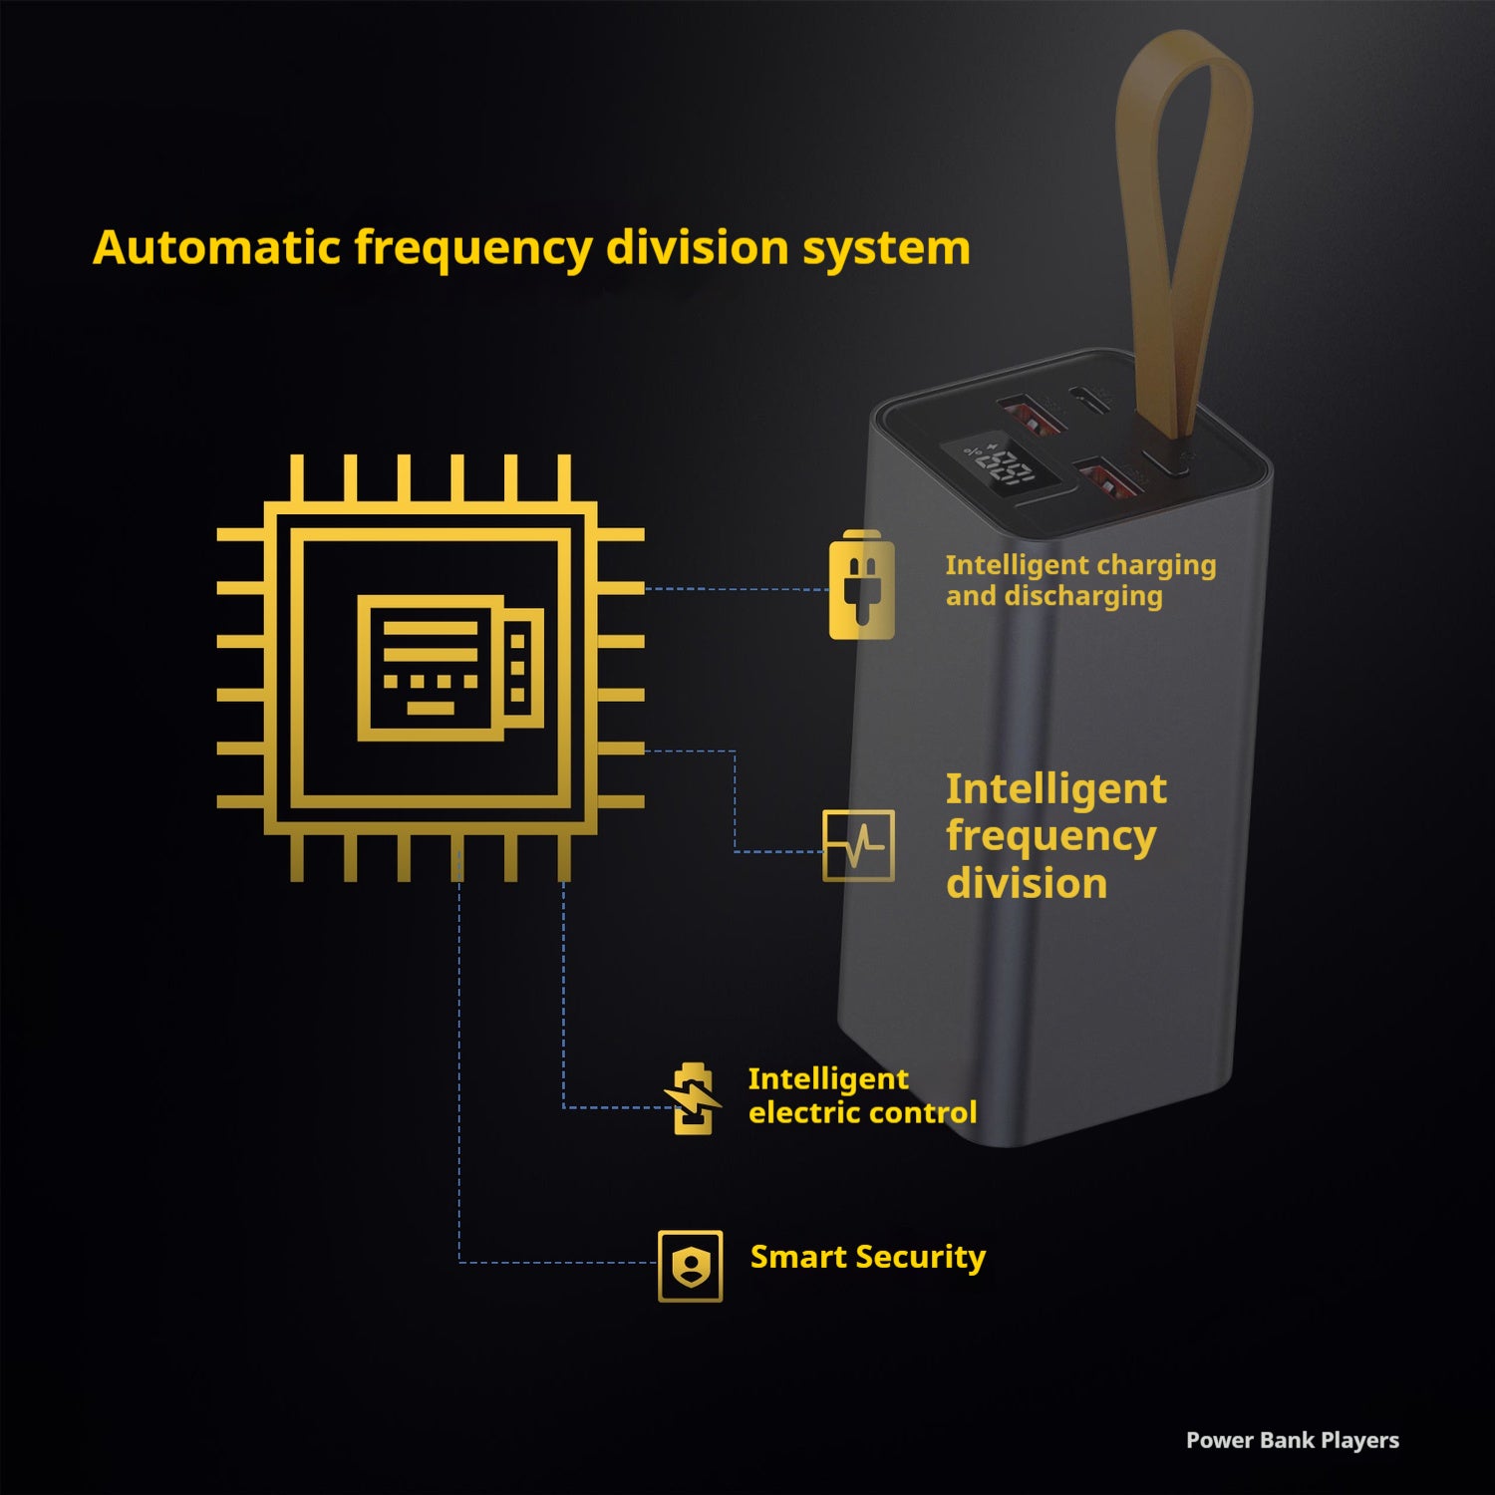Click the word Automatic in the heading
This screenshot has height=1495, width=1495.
pos(217,247)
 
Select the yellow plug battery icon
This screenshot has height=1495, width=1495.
pos(861,585)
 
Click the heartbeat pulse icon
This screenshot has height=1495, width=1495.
pos(858,846)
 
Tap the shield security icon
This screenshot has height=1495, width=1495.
pos(690,1266)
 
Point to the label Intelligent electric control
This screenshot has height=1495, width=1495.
pos(862,1095)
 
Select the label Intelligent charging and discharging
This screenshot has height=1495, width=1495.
pos(1080,580)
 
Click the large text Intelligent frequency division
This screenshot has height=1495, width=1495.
pos(1055,836)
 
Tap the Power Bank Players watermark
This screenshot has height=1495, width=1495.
pos(1292,1440)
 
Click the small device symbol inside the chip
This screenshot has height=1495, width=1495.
pos(450,668)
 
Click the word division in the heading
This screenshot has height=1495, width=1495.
pos(698,247)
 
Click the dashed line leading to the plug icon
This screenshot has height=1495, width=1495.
pos(738,589)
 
